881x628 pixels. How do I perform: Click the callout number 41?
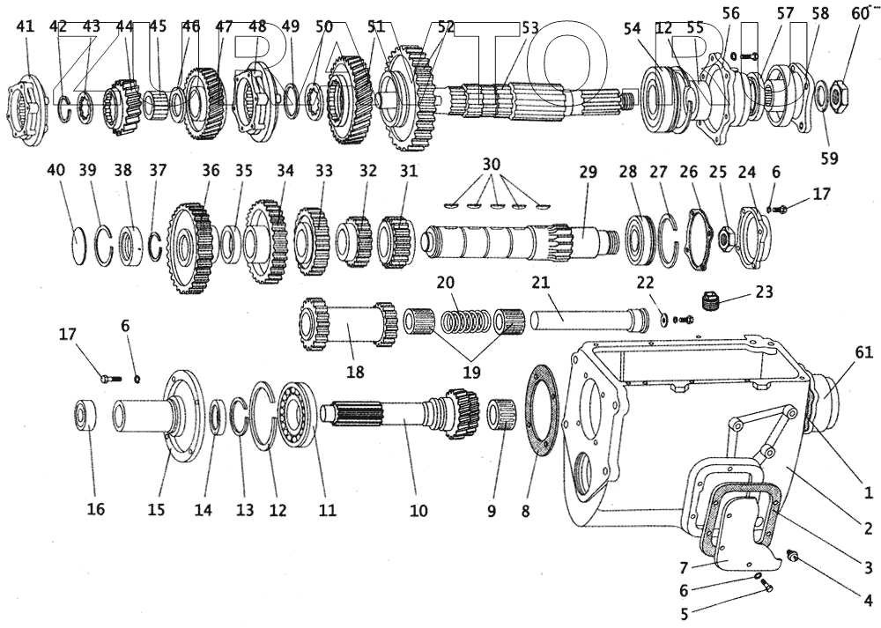pos(26,26)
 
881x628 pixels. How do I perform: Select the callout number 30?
pos(491,165)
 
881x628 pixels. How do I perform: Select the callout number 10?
pos(418,510)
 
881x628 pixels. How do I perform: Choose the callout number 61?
pos(864,353)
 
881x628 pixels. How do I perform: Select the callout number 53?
pos(529,26)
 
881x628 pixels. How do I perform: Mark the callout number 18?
pos(354,372)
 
